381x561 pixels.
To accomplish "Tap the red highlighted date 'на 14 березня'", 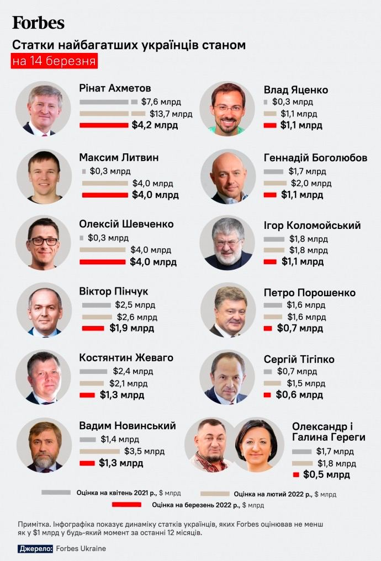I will click(x=54, y=61).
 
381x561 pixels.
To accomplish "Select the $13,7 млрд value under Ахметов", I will click(x=171, y=114).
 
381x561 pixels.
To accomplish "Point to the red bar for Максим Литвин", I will click(x=105, y=195).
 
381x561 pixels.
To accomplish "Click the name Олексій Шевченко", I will click(x=126, y=224).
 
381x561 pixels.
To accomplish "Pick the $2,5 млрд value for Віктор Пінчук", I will click(x=135, y=305).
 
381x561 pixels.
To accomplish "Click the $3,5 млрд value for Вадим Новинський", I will click(x=144, y=451).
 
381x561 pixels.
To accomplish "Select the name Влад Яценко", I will click(x=296, y=90).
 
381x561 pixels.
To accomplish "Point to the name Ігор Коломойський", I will click(x=312, y=225).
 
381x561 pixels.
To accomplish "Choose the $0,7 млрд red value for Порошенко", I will click(x=299, y=329).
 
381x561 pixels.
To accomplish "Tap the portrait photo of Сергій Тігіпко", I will click(x=227, y=377).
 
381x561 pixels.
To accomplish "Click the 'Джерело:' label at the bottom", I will click(x=36, y=549).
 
